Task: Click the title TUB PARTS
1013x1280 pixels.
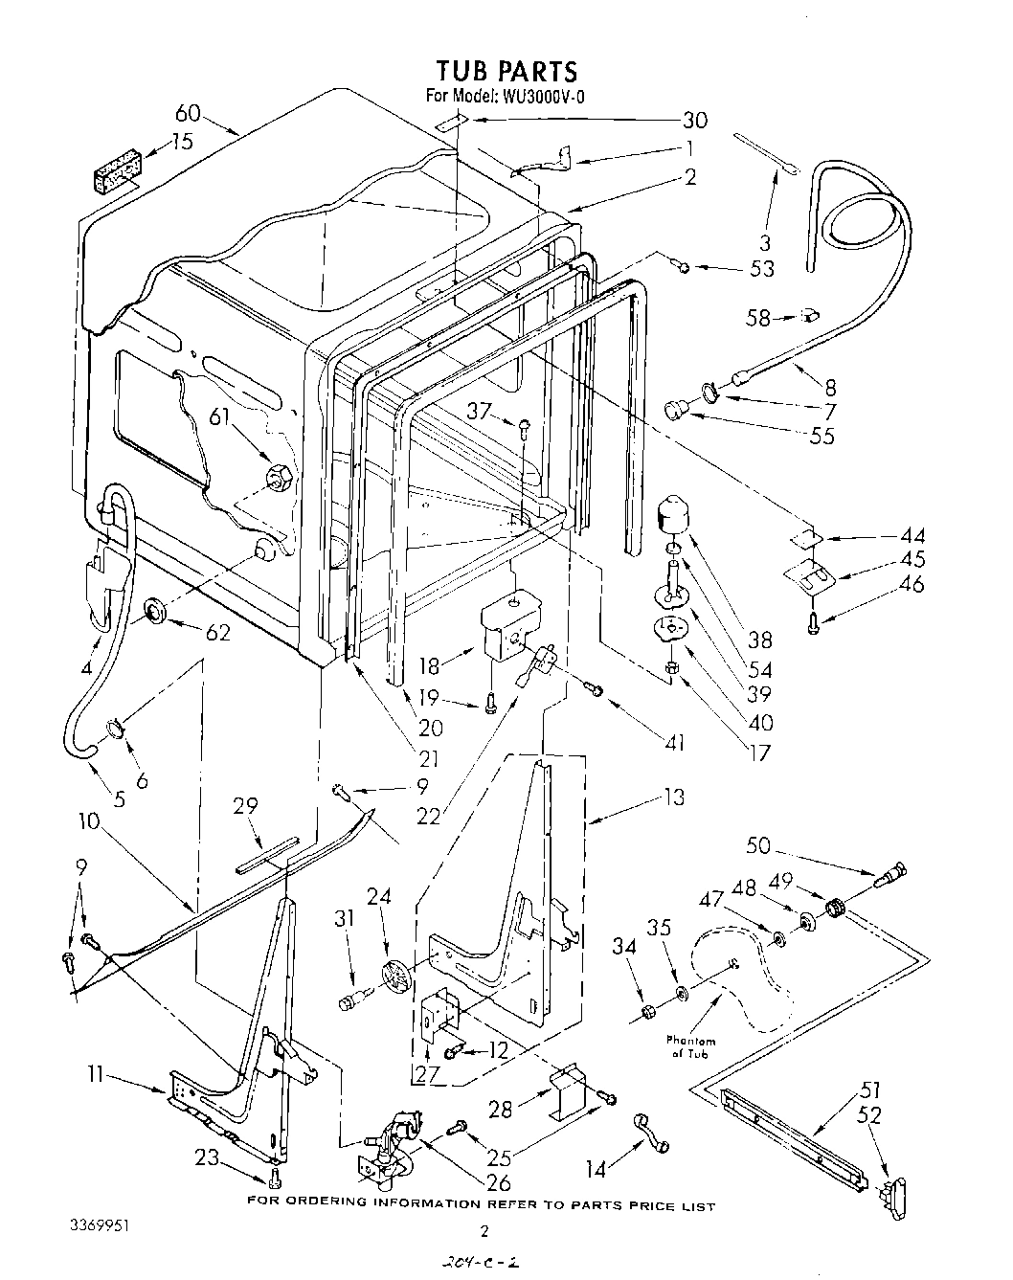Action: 506,71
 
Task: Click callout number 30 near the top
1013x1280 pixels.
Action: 695,121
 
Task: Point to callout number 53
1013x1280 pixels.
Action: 762,268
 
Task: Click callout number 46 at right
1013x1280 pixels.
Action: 912,583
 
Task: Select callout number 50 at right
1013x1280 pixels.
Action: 757,845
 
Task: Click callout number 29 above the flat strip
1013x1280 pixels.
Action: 246,806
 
